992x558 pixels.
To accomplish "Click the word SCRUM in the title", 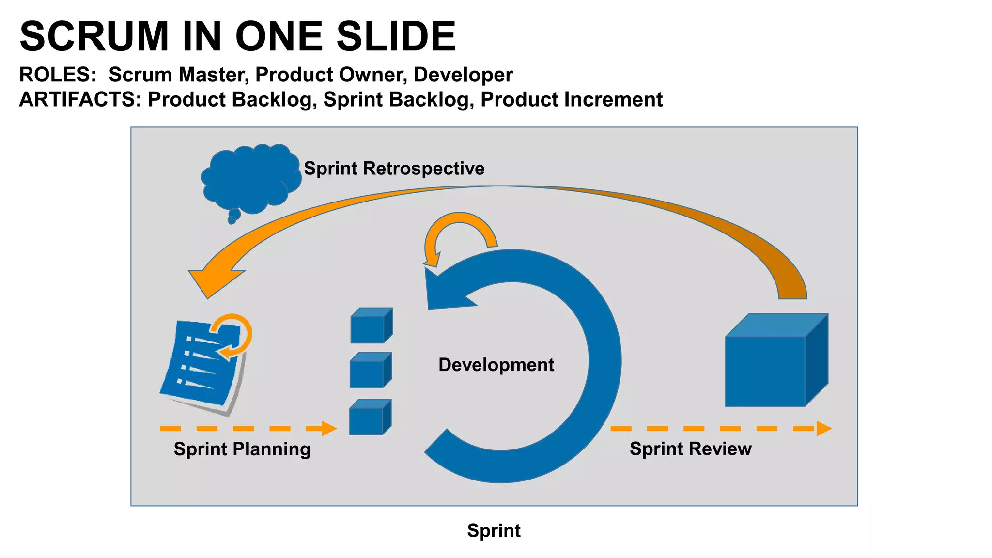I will tap(94, 37).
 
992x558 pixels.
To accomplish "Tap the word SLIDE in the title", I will tap(396, 37).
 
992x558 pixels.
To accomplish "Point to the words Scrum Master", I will tap(178, 75).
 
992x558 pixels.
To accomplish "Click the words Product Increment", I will tap(571, 99).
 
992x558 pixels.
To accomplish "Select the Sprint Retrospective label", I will tap(394, 168).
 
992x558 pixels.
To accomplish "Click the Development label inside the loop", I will tap(496, 364).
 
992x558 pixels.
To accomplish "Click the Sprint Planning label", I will tap(242, 449).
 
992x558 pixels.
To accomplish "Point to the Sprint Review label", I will tap(690, 449).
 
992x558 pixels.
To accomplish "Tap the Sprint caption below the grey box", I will tap(494, 530).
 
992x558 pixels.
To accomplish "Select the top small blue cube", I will tap(371, 325).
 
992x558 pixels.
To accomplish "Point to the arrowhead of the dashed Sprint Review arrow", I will tap(823, 428).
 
